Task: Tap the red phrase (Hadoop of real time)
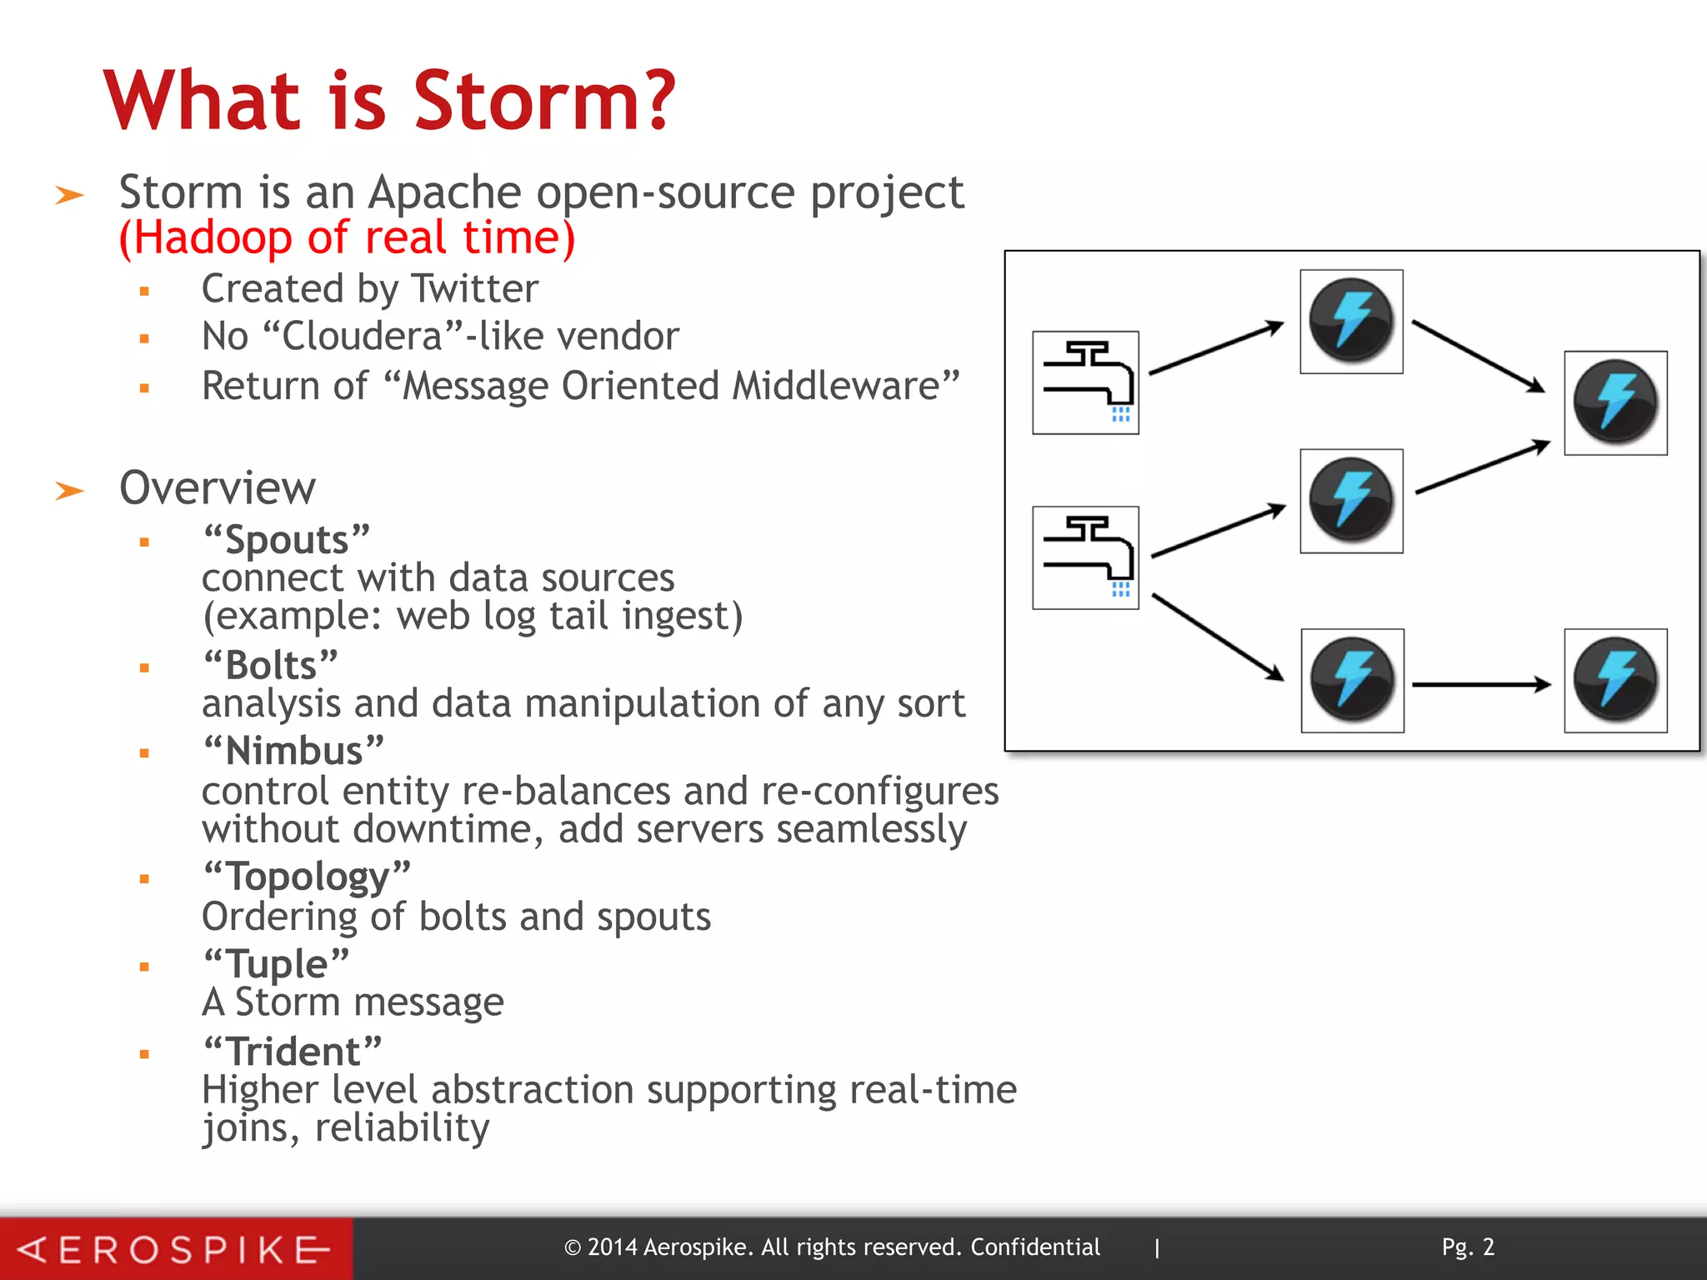[x=347, y=238]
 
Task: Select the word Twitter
[x=475, y=289]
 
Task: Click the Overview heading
[x=218, y=488]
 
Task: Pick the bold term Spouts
[x=287, y=540]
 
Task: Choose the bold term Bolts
[x=271, y=666]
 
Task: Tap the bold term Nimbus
[x=293, y=751]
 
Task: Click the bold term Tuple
[x=277, y=964]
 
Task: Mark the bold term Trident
[x=293, y=1052]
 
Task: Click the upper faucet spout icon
[x=1085, y=382]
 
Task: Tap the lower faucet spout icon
[x=1085, y=557]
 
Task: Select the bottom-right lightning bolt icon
[x=1615, y=681]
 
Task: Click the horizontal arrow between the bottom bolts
[x=1481, y=685]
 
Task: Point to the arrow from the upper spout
[x=1216, y=347]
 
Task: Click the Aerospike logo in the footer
[x=175, y=1249]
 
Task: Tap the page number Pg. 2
[x=1468, y=1247]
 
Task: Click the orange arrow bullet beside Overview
[x=70, y=491]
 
